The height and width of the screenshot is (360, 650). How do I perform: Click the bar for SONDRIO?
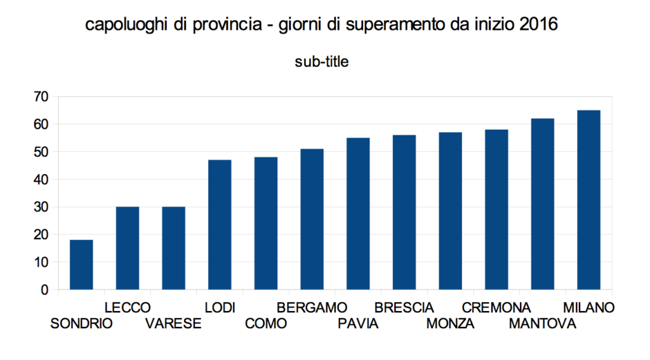[x=81, y=265]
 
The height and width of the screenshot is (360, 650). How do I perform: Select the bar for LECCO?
[x=128, y=248]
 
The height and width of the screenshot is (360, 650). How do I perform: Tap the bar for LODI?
[x=220, y=225]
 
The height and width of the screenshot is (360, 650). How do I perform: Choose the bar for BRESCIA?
[x=404, y=212]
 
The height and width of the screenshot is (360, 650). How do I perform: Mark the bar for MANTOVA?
[x=543, y=204]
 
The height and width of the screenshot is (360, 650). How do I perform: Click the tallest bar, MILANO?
[x=588, y=200]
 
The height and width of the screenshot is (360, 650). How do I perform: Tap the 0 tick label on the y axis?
[x=44, y=290]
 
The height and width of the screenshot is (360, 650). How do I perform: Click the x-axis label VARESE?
[x=173, y=324]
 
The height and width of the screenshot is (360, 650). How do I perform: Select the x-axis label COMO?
[x=266, y=324]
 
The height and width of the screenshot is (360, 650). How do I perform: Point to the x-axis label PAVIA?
[x=358, y=324]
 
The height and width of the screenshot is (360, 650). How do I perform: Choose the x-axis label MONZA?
[x=451, y=324]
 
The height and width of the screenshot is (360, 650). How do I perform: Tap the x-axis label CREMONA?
[x=496, y=308]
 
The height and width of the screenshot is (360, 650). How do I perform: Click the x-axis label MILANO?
[x=589, y=308]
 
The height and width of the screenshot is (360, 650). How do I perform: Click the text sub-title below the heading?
[x=322, y=62]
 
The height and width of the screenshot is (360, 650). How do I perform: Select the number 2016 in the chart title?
[x=538, y=26]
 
